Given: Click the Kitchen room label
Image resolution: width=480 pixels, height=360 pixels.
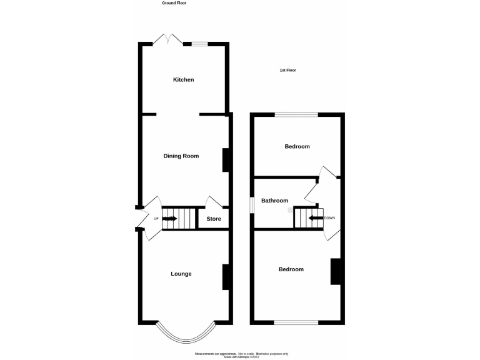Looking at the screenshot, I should [183, 80].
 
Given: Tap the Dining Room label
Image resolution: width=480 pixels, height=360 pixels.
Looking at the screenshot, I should [181, 156].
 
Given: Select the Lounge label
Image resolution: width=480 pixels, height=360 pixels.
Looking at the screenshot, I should [181, 274].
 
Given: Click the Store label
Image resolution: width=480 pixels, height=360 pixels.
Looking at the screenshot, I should [214, 219].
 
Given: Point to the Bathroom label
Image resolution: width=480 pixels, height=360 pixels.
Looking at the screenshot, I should [274, 201].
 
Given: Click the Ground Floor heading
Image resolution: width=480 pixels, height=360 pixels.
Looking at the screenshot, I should [174, 3].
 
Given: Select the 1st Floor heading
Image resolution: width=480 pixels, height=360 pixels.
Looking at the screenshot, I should [287, 71].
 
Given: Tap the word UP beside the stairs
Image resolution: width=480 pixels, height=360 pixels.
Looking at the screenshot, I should [156, 219].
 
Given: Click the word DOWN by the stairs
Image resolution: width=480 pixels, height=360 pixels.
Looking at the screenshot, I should [329, 217].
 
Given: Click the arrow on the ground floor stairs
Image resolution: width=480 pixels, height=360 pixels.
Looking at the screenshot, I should [170, 219].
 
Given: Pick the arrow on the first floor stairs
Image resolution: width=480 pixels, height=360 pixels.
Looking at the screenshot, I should [316, 218].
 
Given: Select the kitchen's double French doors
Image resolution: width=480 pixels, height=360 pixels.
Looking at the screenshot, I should [169, 39].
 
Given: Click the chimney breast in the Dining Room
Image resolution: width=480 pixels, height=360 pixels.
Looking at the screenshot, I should [226, 160].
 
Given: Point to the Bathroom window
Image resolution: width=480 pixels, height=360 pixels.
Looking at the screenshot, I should [251, 204].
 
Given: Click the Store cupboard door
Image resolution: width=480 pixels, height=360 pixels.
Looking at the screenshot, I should [214, 203].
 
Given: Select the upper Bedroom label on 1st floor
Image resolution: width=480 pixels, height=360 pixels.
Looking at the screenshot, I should [297, 147].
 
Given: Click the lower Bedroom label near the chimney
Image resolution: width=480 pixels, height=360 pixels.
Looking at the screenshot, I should [291, 269].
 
